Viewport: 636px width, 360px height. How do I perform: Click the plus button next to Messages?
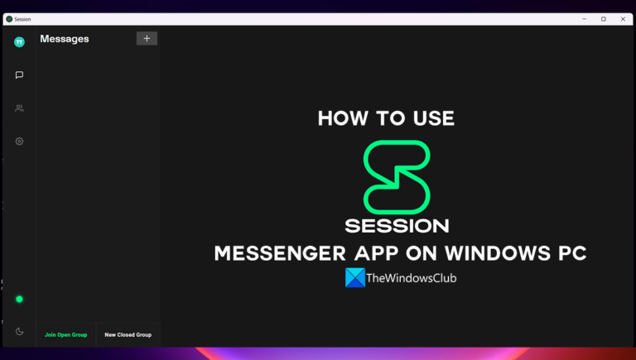(x=147, y=38)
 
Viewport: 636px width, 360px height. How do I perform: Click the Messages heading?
(x=65, y=39)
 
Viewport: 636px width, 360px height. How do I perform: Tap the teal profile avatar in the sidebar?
(x=19, y=42)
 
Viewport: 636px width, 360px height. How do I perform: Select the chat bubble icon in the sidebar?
(x=19, y=75)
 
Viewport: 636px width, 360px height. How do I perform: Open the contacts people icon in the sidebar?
(x=19, y=108)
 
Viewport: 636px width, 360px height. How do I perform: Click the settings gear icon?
(x=19, y=142)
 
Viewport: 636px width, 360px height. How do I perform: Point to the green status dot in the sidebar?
(x=19, y=299)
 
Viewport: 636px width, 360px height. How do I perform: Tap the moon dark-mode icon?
(x=19, y=332)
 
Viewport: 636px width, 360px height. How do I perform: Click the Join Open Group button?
(x=66, y=335)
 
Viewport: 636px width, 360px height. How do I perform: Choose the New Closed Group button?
(x=128, y=335)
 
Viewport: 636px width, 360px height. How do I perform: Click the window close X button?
(x=622, y=19)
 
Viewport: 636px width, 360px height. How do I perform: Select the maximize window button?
(x=603, y=19)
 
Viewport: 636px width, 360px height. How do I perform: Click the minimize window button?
(x=584, y=19)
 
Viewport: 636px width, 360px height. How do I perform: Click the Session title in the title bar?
(x=22, y=19)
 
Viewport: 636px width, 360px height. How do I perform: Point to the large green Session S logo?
(x=397, y=177)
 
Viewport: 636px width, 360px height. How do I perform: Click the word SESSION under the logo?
(x=397, y=225)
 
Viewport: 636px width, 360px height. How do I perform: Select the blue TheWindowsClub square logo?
(x=355, y=278)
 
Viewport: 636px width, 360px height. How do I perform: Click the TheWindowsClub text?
(x=412, y=279)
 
